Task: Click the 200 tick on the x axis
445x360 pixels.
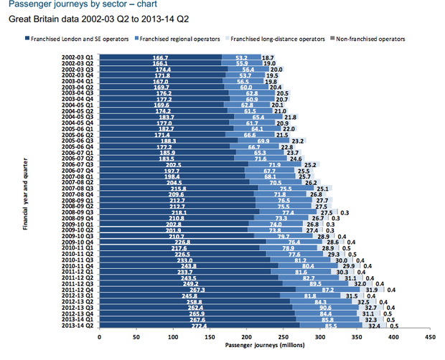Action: [x=246, y=336]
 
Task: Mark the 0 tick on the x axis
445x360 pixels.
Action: [x=100, y=336]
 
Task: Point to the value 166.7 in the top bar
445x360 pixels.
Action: [x=161, y=57]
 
